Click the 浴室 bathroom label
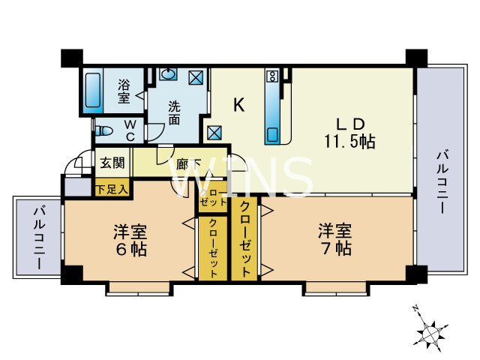[124, 91]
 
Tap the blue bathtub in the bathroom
[94, 91]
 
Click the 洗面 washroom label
[174, 112]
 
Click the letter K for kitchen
[238, 106]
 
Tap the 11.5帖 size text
[350, 140]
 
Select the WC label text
[129, 130]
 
